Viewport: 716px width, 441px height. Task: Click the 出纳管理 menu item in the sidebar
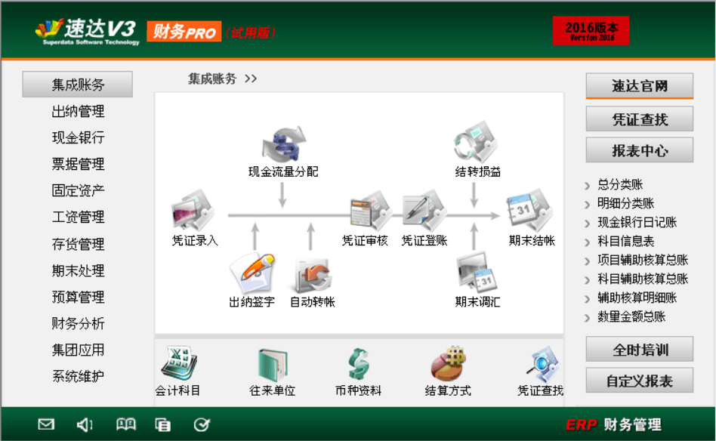coord(78,112)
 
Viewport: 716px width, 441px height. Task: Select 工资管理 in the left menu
coord(78,217)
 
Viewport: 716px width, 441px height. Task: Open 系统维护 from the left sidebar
coord(78,376)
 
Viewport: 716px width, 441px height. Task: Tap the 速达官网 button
coord(639,86)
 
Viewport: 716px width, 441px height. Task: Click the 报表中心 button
coord(639,150)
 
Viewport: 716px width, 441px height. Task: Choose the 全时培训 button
coord(639,350)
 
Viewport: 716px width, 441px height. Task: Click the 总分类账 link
coord(620,184)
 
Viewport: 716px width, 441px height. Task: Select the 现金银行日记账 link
coord(637,223)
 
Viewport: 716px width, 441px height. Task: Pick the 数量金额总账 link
coord(631,317)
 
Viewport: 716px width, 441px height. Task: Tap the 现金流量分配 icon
coord(283,145)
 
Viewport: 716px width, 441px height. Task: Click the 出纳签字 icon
coord(252,273)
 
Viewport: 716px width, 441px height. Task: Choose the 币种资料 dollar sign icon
coord(358,365)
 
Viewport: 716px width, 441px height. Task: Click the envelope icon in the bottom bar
coord(46,424)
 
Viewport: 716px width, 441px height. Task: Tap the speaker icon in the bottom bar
coord(85,424)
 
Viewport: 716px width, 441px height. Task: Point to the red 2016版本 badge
coord(591,31)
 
